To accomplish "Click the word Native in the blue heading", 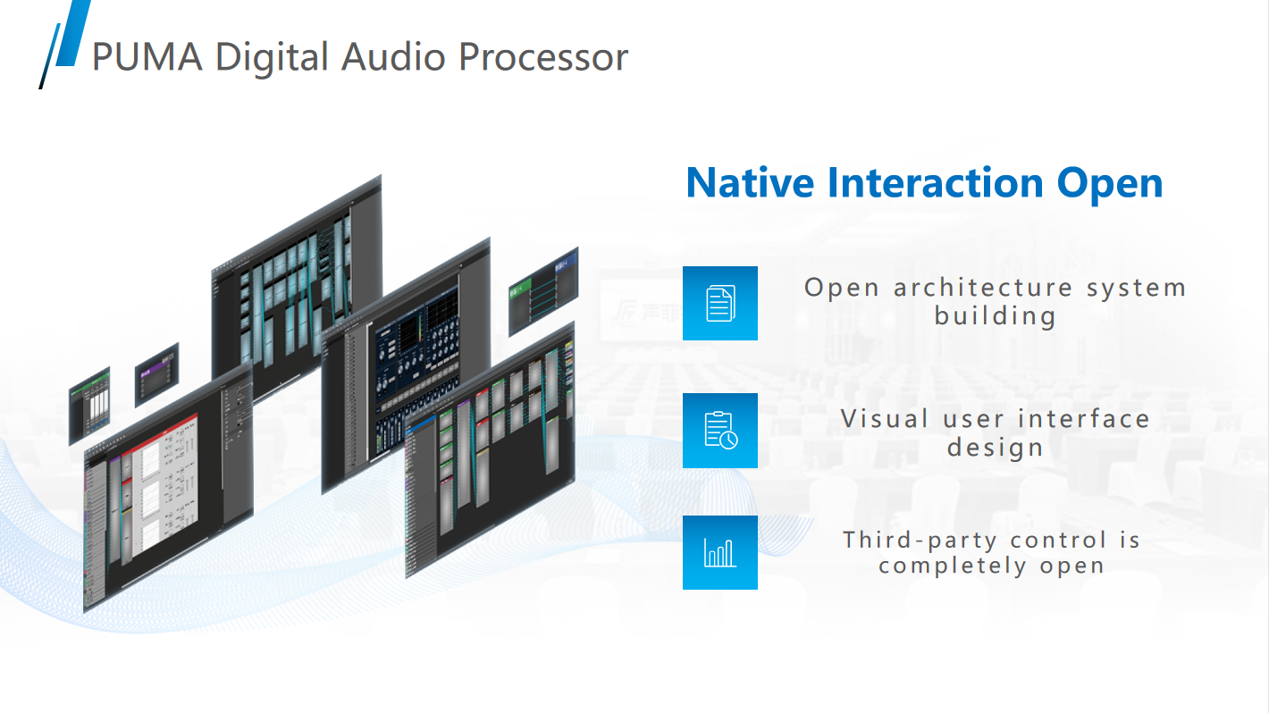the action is [x=750, y=182].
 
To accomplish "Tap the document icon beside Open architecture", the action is [x=720, y=303].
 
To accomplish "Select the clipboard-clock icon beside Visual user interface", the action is [x=720, y=431].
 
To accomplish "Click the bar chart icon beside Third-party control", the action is [x=720, y=552].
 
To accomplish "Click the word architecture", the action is [x=983, y=288].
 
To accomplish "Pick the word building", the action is [x=996, y=315].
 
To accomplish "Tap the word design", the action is [x=996, y=447].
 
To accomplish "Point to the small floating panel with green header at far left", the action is [x=89, y=405].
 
